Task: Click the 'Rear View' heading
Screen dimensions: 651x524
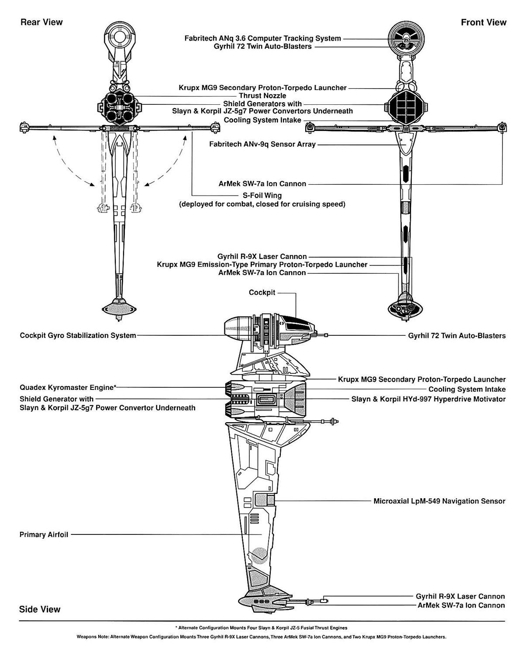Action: coord(41,22)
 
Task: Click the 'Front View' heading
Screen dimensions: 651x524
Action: coord(483,22)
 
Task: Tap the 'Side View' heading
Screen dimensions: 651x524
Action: coord(40,609)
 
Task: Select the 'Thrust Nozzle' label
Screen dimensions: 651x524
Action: coord(262,96)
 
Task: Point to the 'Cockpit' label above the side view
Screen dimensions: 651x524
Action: coord(262,293)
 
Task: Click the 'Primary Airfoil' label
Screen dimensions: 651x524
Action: coord(44,534)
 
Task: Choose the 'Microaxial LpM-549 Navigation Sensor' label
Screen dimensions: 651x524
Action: coord(439,501)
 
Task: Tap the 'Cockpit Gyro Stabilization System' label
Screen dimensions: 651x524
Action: coord(78,335)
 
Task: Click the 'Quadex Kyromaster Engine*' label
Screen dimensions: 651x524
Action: coord(68,387)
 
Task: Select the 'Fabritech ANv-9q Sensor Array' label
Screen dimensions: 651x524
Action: coord(262,144)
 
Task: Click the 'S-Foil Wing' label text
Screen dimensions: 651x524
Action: coord(262,196)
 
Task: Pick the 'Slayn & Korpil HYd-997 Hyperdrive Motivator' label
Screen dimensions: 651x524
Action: coord(428,399)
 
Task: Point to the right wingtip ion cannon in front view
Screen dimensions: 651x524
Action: coord(502,127)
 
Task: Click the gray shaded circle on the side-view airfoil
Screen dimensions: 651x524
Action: coord(259,554)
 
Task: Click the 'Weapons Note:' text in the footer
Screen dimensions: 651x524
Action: coord(93,637)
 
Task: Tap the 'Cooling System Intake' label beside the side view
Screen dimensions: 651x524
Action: coord(466,389)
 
